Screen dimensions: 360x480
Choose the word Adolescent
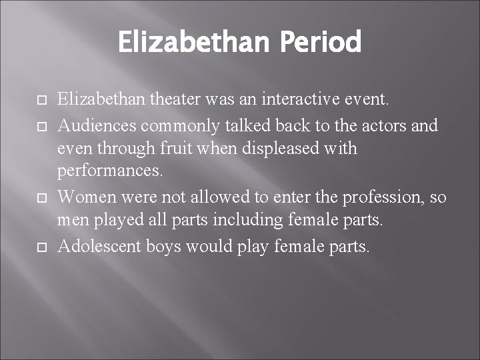[x=97, y=246]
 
